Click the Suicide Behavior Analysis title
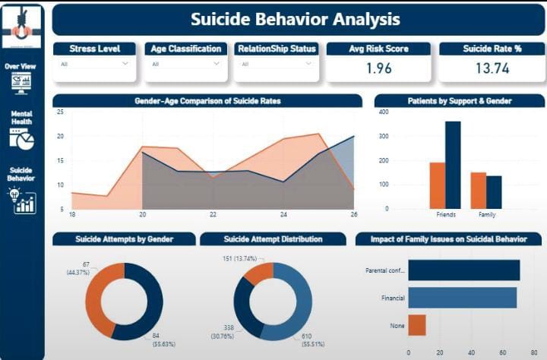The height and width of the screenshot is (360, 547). pyautogui.click(x=295, y=19)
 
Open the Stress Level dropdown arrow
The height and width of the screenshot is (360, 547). pyautogui.click(x=125, y=64)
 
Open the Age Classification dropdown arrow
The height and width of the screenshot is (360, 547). pyautogui.click(x=217, y=64)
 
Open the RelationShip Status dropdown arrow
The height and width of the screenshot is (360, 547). pyautogui.click(x=307, y=64)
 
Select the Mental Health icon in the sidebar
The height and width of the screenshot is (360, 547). pyautogui.click(x=22, y=140)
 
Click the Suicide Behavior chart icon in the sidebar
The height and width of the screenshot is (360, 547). pyautogui.click(x=24, y=202)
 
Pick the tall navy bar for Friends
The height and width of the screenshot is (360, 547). pyautogui.click(x=453, y=165)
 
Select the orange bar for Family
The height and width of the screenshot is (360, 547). pyautogui.click(x=478, y=190)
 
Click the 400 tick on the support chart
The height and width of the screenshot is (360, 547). pyautogui.click(x=384, y=112)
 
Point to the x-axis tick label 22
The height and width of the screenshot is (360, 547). pyautogui.click(x=213, y=215)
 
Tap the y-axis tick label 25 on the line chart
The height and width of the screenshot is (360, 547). pyautogui.click(x=60, y=112)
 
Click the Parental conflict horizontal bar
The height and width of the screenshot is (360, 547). pyautogui.click(x=463, y=270)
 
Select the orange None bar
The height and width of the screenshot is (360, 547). pyautogui.click(x=417, y=325)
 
